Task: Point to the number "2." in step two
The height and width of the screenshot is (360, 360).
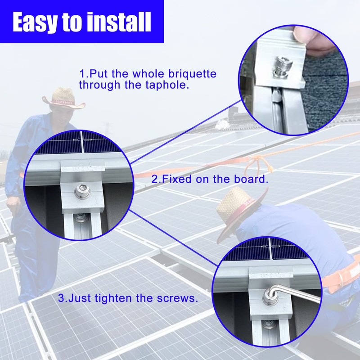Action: click(156, 179)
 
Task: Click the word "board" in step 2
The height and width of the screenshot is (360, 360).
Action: click(252, 179)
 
